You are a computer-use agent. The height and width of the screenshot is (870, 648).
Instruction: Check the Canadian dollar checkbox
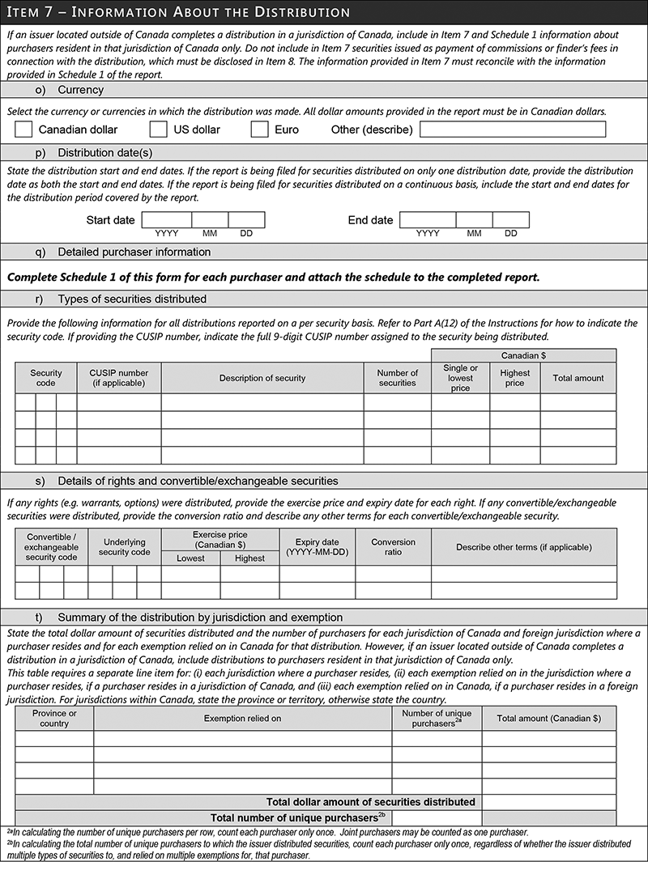pyautogui.click(x=23, y=129)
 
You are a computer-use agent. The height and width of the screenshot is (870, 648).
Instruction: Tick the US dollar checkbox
pyautogui.click(x=159, y=129)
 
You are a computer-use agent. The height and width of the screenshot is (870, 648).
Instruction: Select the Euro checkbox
pyautogui.click(x=259, y=129)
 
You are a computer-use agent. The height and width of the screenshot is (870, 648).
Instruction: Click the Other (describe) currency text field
pyautogui.click(x=512, y=129)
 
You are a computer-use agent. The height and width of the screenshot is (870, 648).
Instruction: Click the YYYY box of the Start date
pyautogui.click(x=167, y=219)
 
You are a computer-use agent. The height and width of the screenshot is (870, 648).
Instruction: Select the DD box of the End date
pyautogui.click(x=510, y=219)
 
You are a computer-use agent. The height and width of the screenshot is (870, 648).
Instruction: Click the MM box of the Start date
pyautogui.click(x=210, y=219)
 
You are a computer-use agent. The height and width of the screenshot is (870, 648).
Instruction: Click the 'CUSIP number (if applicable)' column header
pyautogui.click(x=119, y=378)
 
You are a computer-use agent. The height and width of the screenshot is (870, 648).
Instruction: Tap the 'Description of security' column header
pyautogui.click(x=262, y=378)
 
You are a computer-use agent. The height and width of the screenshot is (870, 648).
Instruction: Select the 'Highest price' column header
pyautogui.click(x=515, y=378)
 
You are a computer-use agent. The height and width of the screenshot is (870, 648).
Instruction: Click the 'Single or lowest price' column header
pyautogui.click(x=461, y=378)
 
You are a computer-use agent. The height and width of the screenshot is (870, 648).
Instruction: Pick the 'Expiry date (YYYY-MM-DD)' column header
pyautogui.click(x=318, y=546)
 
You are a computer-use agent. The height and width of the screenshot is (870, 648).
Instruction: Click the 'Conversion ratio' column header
pyautogui.click(x=394, y=546)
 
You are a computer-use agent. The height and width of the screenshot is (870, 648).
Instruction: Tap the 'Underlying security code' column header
pyautogui.click(x=125, y=546)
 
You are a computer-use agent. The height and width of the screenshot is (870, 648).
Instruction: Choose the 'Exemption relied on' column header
pyautogui.click(x=243, y=718)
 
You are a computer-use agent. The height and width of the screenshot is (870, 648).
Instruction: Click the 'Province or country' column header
pyautogui.click(x=54, y=718)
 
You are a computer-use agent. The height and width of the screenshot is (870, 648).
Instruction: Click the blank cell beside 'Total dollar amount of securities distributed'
pyautogui.click(x=549, y=802)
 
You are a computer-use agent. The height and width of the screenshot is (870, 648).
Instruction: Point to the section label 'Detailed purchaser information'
pyautogui.click(x=134, y=252)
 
